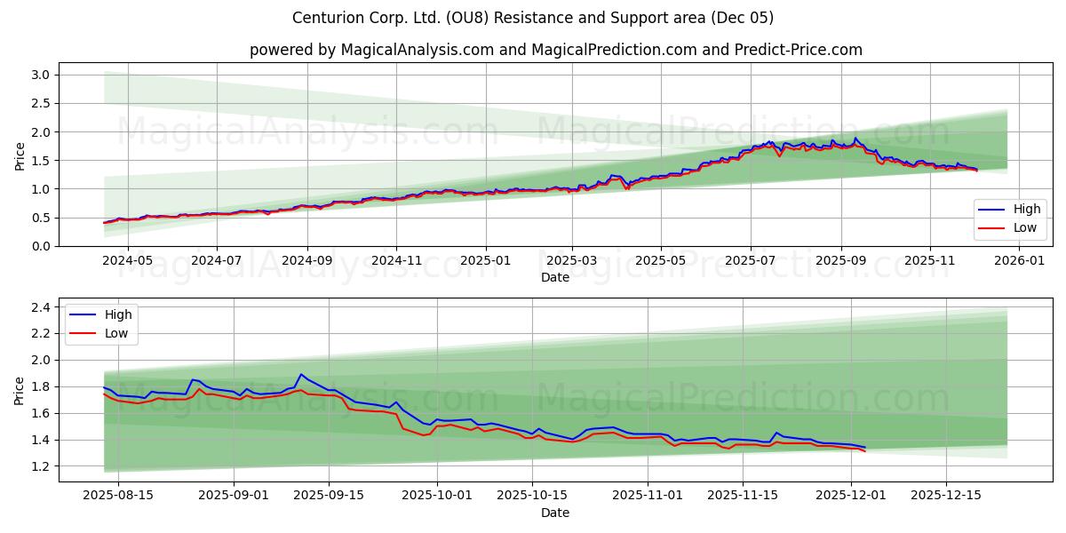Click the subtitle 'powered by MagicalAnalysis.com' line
555,50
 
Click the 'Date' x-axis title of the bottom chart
555,513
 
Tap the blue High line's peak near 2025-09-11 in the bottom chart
301,374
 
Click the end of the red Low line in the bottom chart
864,451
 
